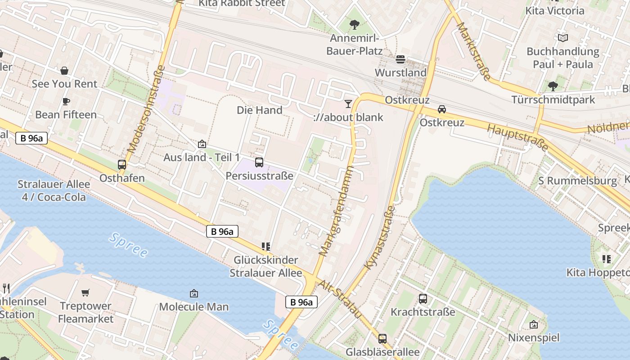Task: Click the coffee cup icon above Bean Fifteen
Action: pos(66,101)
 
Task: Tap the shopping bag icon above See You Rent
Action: pos(64,71)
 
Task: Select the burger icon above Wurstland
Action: pos(400,59)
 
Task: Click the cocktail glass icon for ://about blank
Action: pos(348,104)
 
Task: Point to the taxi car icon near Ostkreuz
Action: pos(442,109)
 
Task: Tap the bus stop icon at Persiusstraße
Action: pos(259,162)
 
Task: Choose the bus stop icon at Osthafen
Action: pos(122,165)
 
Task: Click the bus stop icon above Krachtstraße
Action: pos(423,298)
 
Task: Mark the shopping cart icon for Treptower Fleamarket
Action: pos(85,293)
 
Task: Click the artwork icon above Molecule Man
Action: pos(194,293)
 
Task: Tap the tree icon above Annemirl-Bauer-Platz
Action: pos(355,24)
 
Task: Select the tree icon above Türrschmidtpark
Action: pos(553,86)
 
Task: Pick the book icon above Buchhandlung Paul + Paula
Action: pos(562,38)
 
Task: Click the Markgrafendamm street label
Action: pos(337,211)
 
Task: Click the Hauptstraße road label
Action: pos(518,136)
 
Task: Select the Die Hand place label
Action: pos(260,110)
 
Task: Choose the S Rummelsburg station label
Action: pos(578,181)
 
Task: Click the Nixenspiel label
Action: pos(534,337)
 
